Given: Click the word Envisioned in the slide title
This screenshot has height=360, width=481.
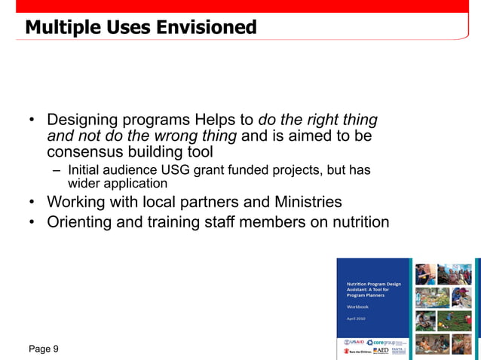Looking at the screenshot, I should (206, 28).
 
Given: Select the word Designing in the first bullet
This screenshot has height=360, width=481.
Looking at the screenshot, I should (81, 120).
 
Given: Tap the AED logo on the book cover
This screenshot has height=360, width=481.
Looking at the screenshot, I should (381, 351).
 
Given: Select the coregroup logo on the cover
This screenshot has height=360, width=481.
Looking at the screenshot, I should (384, 342).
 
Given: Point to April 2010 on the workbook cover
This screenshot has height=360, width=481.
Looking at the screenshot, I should (356, 319).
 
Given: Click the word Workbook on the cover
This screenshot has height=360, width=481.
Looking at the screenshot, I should (357, 307).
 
